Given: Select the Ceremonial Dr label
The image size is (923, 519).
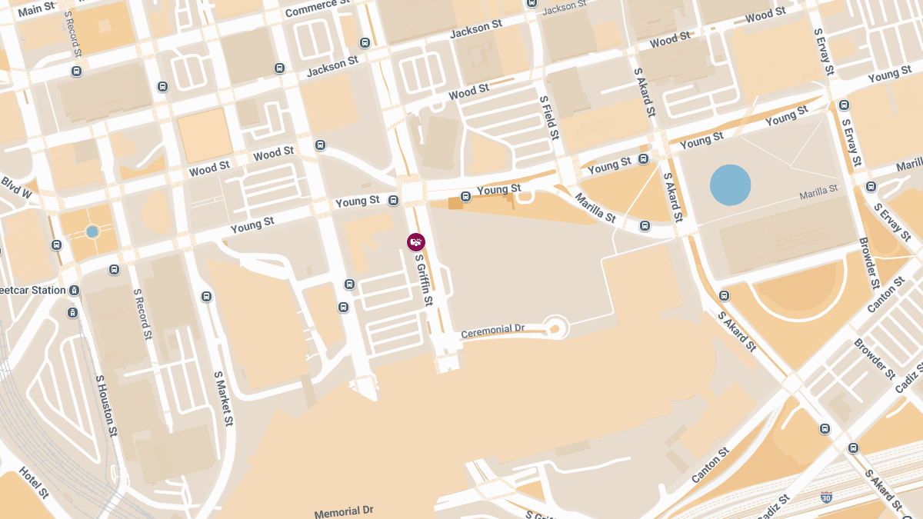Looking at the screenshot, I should coord(492,331).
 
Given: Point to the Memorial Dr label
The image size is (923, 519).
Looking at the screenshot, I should coord(343,511).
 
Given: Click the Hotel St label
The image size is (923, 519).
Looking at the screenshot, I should coord(34,482).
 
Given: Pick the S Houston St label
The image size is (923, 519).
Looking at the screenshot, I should coord(106,405).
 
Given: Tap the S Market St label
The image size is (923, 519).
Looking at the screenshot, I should coord(223,398).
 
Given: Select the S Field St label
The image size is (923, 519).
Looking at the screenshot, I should coord(548,117).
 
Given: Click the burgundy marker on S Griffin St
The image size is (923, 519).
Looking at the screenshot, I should coord(416,242).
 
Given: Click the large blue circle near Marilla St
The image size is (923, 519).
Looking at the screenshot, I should coord(730,185).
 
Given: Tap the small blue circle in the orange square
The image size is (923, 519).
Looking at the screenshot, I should coord(92,231).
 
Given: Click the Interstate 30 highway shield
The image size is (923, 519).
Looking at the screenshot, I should coord(826,497).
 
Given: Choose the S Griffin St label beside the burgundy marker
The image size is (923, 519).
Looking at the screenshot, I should coord(424,279).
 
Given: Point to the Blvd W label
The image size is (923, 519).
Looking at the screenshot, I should coord(15,188).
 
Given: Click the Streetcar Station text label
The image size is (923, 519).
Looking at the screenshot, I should coord(32,291).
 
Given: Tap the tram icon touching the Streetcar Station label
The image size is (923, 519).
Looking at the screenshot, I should coord(74,291).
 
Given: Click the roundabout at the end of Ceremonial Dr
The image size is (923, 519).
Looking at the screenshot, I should coord(555,328).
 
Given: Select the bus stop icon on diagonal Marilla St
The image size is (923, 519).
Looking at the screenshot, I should coord(645,225).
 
